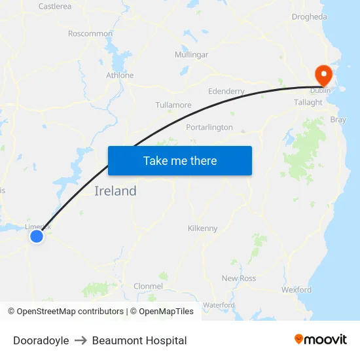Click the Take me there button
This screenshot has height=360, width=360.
[180, 160]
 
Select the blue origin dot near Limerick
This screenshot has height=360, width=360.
[37, 236]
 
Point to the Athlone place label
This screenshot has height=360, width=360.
[120, 75]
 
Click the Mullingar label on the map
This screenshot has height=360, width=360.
[191, 55]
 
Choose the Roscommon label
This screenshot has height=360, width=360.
[90, 33]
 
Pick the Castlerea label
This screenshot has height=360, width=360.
[55, 7]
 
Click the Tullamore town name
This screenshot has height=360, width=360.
[173, 105]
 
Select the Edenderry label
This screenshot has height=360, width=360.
[226, 92]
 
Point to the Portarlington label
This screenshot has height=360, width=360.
[209, 127]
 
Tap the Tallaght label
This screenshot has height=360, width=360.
[308, 102]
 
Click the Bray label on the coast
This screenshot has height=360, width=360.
[338, 120]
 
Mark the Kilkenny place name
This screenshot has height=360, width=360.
[202, 228]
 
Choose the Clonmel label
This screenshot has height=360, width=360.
[148, 286]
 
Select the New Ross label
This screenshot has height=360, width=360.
[239, 278]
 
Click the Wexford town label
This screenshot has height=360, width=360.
[297, 289]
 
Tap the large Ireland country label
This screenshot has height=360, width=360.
[116, 191]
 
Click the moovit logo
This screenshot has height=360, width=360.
[321, 339]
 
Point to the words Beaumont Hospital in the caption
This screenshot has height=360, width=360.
[139, 340]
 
